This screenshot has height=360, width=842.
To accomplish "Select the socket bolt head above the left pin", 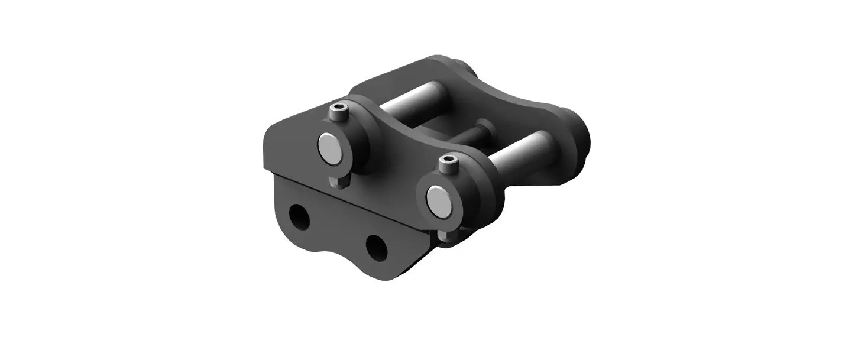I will (339, 112).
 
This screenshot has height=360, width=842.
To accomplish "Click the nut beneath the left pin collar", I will (339, 181).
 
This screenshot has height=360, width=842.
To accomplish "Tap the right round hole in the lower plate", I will (376, 247).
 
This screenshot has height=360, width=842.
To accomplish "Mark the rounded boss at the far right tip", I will (577, 133).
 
